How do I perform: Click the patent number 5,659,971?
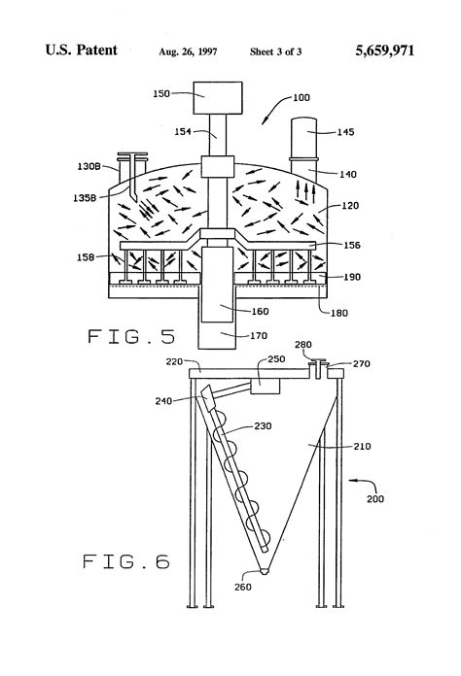click(x=384, y=51)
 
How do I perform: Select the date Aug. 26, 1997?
click(x=188, y=52)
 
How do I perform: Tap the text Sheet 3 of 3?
click(x=275, y=52)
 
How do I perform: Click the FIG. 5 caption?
click(x=131, y=336)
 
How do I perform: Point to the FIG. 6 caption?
click(x=126, y=561)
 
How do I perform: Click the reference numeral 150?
click(x=161, y=93)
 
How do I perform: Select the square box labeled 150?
click(x=218, y=98)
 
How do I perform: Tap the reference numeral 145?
click(x=345, y=132)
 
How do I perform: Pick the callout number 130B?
click(x=89, y=166)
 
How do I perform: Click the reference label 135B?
click(x=85, y=198)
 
